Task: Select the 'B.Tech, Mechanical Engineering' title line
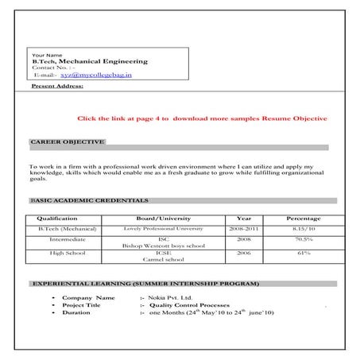click(89, 60)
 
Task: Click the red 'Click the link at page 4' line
click(202, 118)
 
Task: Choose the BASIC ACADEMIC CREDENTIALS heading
click(87, 200)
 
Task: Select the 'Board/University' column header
click(158, 217)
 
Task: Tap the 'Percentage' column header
click(303, 217)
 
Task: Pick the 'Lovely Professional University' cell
click(158, 228)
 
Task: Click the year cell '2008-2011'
click(244, 228)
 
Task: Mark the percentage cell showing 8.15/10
click(303, 228)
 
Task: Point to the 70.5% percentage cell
click(303, 238)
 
